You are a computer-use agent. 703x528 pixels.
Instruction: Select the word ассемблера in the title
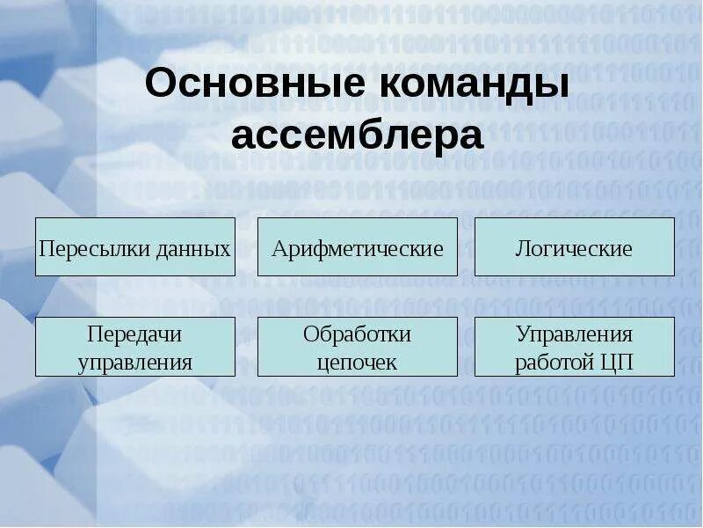[x=358, y=136]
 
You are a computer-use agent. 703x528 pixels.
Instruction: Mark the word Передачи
[x=134, y=334]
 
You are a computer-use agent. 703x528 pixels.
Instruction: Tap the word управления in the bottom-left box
[x=134, y=362]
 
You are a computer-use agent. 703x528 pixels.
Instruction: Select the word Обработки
[x=357, y=334]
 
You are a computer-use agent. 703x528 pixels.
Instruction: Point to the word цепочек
[x=357, y=362]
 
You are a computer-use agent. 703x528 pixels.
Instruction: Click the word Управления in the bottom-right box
[x=574, y=334]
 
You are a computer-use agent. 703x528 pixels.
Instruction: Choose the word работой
[x=552, y=362]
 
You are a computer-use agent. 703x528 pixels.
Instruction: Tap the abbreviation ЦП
[x=615, y=362]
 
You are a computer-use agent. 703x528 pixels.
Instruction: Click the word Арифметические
[x=358, y=248]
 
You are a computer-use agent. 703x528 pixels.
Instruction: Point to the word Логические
[x=574, y=248]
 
